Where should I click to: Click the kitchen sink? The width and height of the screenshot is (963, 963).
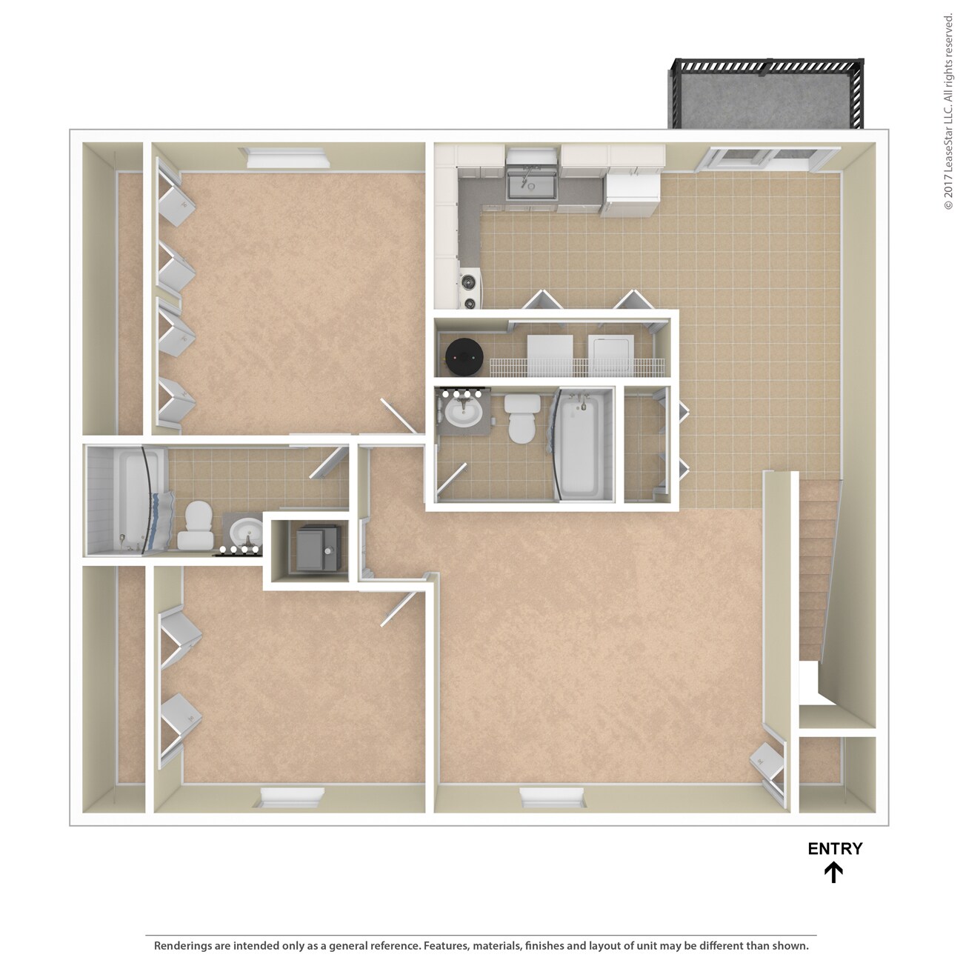tap(530, 182)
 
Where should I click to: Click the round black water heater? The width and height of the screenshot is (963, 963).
tap(464, 356)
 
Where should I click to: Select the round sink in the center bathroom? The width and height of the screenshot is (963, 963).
tap(464, 414)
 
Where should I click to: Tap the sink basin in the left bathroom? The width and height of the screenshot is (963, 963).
tap(245, 532)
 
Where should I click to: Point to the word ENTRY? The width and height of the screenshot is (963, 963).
tap(835, 849)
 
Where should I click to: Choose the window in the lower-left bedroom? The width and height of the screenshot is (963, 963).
tap(292, 798)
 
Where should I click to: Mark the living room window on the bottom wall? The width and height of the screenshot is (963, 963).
tap(553, 798)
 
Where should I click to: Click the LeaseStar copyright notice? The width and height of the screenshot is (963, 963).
tap(948, 111)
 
